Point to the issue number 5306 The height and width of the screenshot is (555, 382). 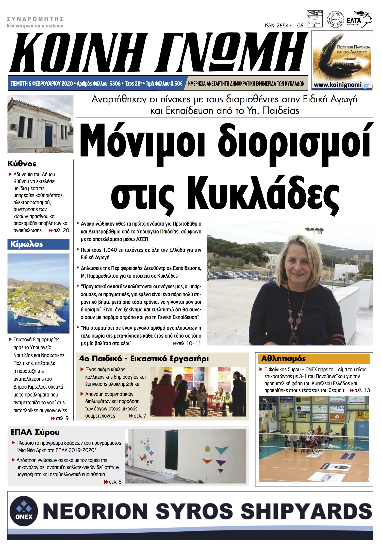coord(115,84)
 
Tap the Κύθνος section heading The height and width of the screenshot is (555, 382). coord(22,164)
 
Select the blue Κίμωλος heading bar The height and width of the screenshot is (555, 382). coord(38,244)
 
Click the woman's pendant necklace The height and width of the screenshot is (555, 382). coord(294,339)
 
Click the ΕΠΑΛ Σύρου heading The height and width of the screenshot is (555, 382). coord(35,432)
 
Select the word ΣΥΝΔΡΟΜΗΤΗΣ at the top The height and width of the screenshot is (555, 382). coord(35,19)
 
